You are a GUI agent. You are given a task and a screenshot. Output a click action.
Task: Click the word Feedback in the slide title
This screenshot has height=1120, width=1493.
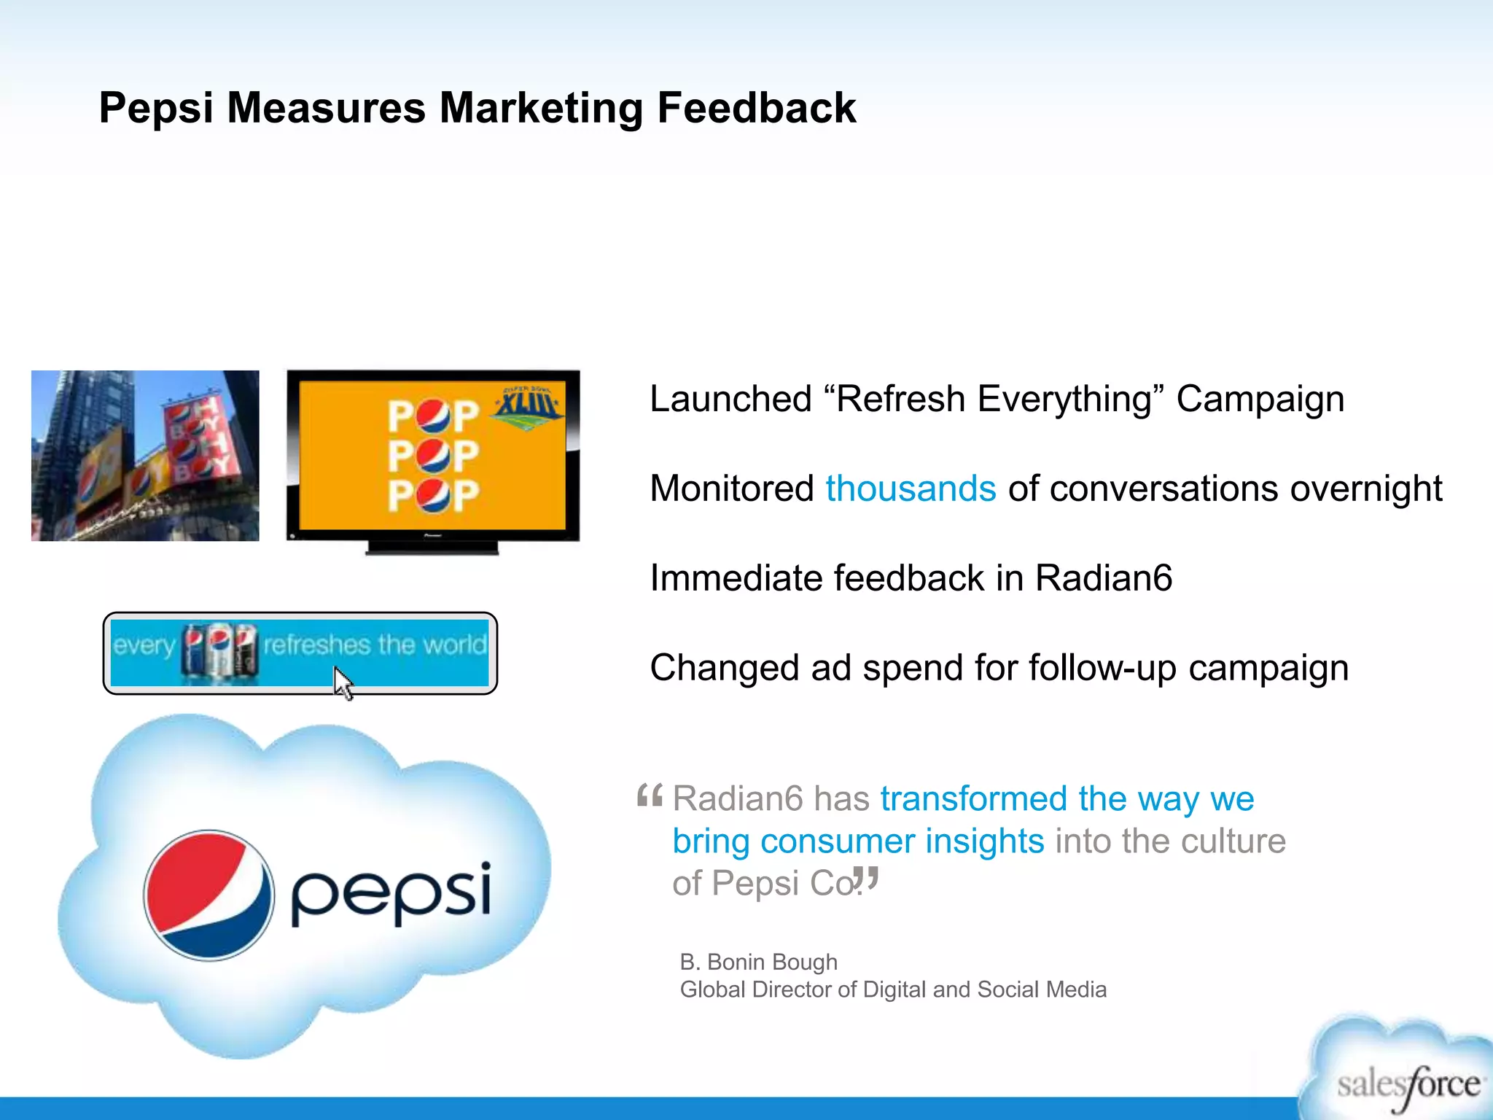coord(756,108)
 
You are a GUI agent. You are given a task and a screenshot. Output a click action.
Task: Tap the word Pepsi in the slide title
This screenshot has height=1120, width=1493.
coord(156,108)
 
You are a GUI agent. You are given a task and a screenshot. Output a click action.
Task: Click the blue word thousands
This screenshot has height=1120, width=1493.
coord(911,489)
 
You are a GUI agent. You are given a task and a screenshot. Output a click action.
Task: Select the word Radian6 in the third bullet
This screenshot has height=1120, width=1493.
coord(1104,578)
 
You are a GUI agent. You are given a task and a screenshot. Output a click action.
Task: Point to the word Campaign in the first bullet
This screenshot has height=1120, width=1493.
coord(1260,400)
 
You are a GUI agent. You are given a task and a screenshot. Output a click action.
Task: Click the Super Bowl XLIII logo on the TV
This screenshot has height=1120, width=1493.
coord(528,406)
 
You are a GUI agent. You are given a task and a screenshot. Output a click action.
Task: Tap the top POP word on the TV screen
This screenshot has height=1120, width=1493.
coord(432,416)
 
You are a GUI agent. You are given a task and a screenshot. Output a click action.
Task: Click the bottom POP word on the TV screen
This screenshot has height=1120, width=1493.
coord(432,496)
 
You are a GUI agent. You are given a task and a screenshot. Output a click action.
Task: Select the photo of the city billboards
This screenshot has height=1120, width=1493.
coord(145,456)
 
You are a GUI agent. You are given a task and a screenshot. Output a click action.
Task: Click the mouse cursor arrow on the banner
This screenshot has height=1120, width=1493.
coord(343,683)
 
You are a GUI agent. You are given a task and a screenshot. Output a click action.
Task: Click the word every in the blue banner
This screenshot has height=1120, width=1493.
coord(144,645)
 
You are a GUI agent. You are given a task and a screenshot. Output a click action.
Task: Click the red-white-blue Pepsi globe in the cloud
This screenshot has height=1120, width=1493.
coord(209,895)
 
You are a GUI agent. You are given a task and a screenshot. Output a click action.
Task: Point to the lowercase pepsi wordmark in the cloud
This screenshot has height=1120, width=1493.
coord(391,892)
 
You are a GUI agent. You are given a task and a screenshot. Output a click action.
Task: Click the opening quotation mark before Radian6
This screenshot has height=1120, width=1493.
coord(649,796)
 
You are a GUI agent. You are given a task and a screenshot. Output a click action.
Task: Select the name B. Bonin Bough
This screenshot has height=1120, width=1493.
coord(758,962)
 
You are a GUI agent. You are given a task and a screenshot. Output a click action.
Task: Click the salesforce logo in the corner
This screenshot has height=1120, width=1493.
coord(1407,1085)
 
